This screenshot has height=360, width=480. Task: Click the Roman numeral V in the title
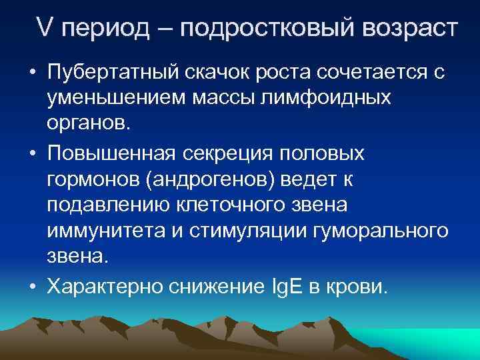[x=45, y=29]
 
